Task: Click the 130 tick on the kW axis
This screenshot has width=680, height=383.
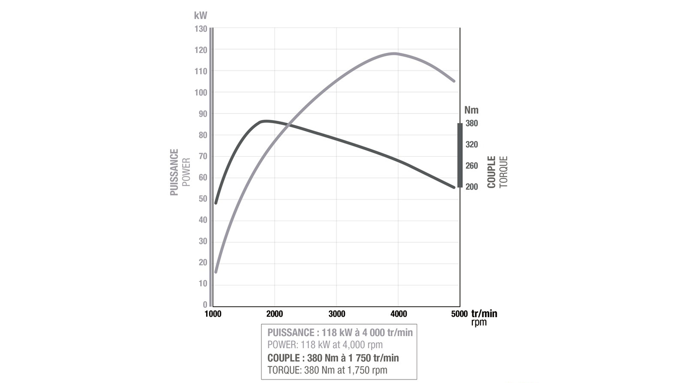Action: (x=201, y=29)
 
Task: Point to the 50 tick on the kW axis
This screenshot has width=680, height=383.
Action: (x=202, y=199)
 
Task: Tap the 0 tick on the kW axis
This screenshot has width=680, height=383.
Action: (x=204, y=305)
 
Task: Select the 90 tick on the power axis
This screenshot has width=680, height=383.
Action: (x=202, y=114)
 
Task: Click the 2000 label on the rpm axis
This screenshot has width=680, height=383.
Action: (x=274, y=314)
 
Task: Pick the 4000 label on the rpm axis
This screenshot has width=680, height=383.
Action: (x=398, y=314)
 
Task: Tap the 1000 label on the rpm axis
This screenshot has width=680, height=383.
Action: (x=213, y=314)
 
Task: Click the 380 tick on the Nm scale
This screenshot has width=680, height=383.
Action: (x=471, y=123)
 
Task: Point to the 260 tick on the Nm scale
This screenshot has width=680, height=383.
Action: (x=471, y=166)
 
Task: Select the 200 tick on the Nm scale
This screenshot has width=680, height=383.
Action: (x=471, y=187)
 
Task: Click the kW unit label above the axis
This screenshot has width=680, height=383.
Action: (x=201, y=15)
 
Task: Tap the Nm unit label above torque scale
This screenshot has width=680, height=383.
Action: (x=471, y=110)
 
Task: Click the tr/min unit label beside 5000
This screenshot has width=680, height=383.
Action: (x=484, y=314)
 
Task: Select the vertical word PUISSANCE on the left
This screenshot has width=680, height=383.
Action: (x=174, y=172)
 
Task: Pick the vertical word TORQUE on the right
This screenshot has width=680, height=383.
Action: (x=504, y=172)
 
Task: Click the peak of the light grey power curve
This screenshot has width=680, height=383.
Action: (x=395, y=53)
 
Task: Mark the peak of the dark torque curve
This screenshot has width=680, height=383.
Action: (x=265, y=121)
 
